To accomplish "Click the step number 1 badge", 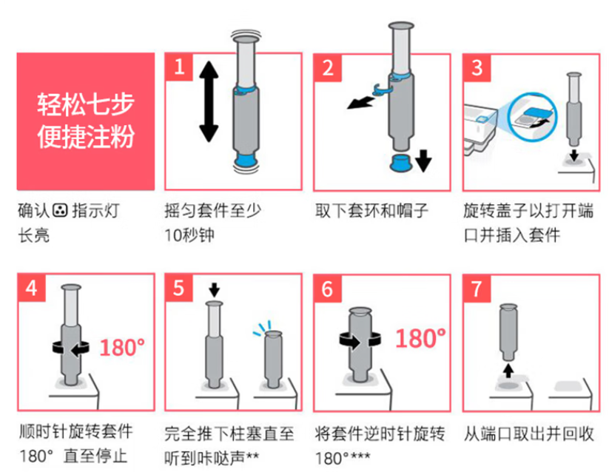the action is [179, 67].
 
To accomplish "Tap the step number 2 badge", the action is [328, 68].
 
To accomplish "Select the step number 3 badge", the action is [477, 68].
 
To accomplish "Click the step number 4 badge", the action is [32, 288].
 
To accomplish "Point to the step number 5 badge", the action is [179, 288].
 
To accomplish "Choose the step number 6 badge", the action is [328, 289].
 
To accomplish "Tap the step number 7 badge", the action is [477, 289].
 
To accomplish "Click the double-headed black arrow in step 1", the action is [209, 101].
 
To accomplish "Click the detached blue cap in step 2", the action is [402, 162].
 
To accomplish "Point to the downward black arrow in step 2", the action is [423, 161].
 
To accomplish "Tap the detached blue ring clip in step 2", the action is [382, 90].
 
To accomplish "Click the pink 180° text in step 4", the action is [122, 348].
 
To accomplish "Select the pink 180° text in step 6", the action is [420, 338].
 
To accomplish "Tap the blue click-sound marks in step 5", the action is [262, 328].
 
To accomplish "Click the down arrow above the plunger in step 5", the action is [214, 290].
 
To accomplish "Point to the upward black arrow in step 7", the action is [508, 371].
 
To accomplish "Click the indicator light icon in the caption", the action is [61, 210].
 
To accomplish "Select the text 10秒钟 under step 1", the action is [189, 235].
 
